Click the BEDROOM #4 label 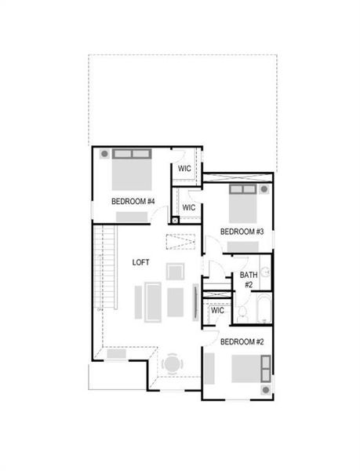[133, 201]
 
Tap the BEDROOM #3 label [242, 232]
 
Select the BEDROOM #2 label [242, 341]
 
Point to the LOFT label [140, 262]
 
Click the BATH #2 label [249, 279]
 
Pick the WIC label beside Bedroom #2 [217, 310]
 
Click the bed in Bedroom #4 [132, 170]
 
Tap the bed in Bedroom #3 [243, 203]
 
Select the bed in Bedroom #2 [251, 369]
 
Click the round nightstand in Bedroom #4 [104, 154]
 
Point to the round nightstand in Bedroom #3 [264, 189]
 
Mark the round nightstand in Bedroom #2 [266, 390]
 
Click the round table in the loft [172, 364]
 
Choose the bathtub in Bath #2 [264, 309]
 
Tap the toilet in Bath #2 [242, 314]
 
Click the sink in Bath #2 [266, 272]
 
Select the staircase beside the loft [105, 267]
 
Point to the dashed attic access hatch [180, 242]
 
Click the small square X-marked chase [175, 221]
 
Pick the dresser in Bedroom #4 [132, 217]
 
